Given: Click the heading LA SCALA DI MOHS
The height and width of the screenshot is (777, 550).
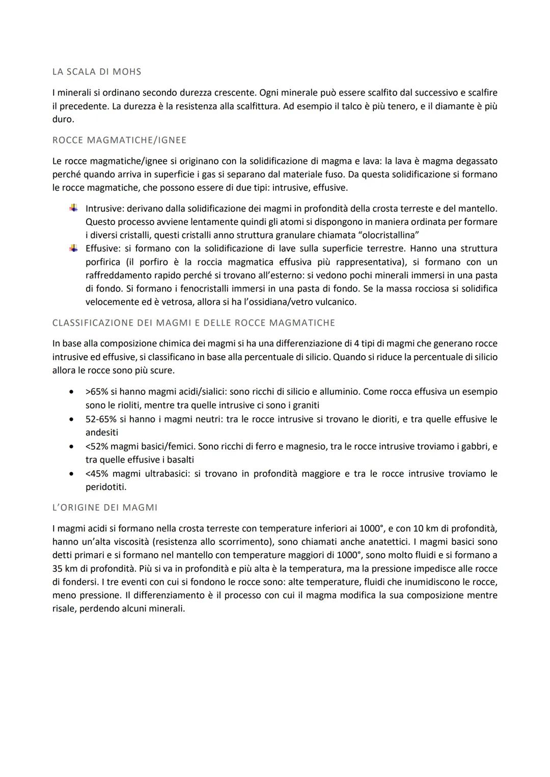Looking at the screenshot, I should pos(97,72).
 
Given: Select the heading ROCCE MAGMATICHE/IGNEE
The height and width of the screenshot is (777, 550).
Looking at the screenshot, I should pos(119,140).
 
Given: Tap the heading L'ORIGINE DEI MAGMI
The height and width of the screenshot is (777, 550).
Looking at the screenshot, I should pos(105,507).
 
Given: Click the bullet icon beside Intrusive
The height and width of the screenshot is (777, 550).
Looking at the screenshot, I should pos(74,208).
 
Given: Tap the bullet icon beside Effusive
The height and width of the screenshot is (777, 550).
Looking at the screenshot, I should pos(74,248).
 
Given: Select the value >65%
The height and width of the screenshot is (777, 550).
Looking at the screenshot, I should pos(96,392).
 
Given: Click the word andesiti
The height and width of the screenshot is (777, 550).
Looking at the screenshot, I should pos(102,433).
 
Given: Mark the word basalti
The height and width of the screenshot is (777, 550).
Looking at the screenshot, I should pos(177,459).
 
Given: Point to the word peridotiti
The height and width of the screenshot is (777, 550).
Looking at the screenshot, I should pos(106,487).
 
